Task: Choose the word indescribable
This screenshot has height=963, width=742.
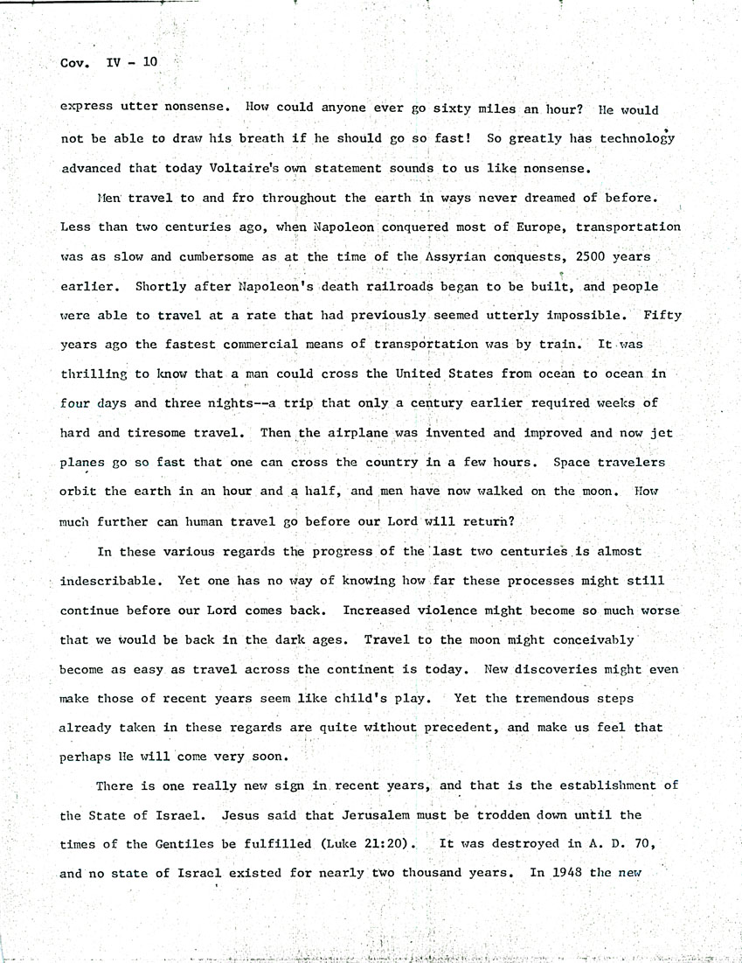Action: click(x=112, y=581)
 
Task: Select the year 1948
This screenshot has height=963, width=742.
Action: click(x=572, y=874)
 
